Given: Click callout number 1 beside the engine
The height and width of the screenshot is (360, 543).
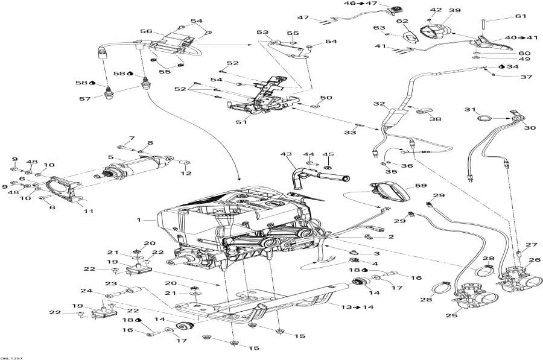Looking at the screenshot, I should tap(140, 220).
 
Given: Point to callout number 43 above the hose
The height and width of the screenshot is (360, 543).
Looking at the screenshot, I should tap(284, 155).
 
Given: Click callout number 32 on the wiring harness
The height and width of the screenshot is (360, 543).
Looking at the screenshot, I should tap(378, 104).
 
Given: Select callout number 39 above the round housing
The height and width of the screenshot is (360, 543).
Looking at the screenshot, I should tap(454, 10).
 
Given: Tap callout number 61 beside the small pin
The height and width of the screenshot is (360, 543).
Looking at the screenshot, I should tap(521, 16).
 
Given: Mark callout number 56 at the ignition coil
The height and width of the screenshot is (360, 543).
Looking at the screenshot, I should tap(146, 31).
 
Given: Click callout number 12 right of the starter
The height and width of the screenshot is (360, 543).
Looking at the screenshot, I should tap(185, 173).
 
